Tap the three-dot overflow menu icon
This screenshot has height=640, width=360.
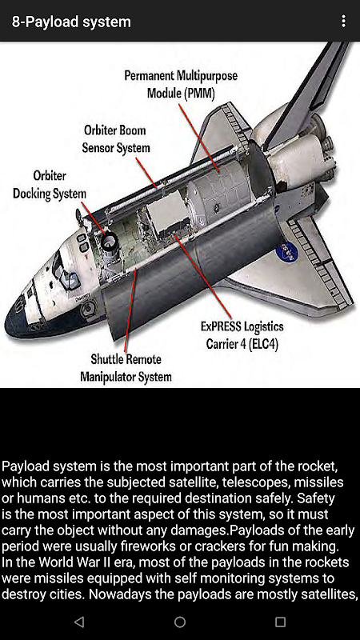click(344, 22)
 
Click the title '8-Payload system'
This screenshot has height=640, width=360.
click(71, 22)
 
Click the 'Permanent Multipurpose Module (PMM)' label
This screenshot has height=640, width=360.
click(181, 84)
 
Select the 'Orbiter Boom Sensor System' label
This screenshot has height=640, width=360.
click(115, 138)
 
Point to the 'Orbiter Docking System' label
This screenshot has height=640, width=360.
click(50, 185)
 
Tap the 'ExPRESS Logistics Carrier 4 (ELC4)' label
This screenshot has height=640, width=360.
click(242, 335)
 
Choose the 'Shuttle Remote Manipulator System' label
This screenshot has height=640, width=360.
click(126, 368)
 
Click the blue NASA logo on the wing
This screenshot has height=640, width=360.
click(287, 251)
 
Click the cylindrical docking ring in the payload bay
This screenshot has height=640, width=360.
click(110, 242)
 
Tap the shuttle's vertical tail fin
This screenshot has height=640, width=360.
click(307, 93)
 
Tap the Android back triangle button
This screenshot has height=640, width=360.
click(79, 622)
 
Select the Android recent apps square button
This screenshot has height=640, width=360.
click(280, 622)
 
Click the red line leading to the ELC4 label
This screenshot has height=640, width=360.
click(204, 277)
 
